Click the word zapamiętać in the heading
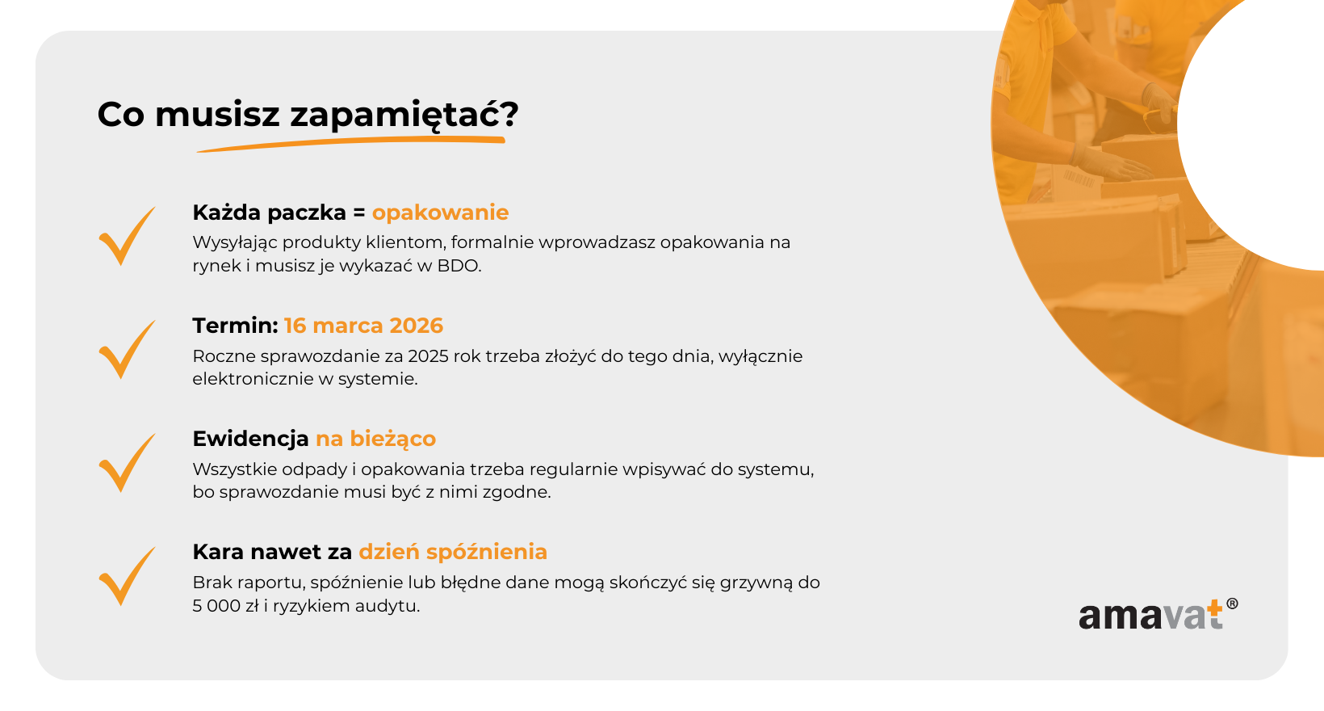tap(392, 115)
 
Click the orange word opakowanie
tap(440, 213)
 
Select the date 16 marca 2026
tap(363, 326)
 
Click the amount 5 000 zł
tap(226, 606)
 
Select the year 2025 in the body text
tap(427, 356)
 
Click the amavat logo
tap(1158, 615)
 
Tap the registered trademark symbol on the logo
tap(1233, 604)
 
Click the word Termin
tap(235, 326)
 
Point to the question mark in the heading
tap(509, 114)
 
